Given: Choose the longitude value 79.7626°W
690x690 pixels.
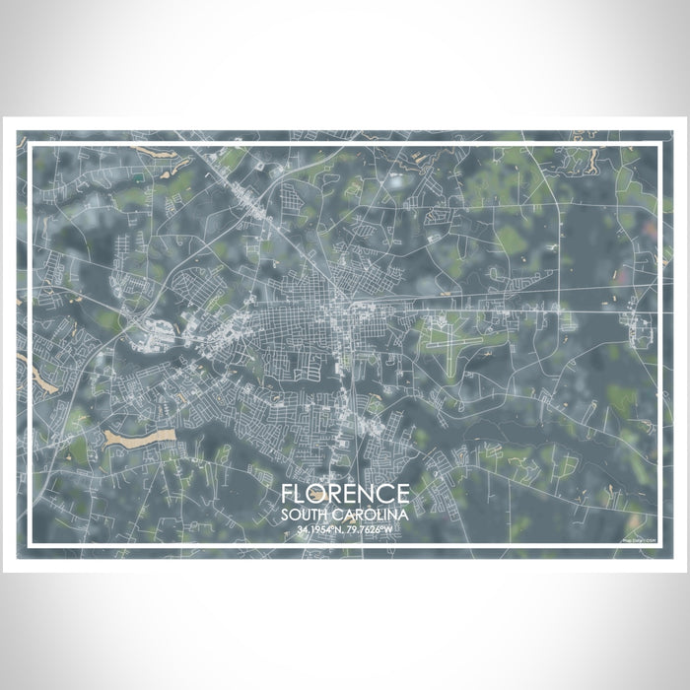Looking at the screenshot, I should pos(372,531).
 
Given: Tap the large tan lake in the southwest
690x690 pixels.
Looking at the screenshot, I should pos(138,437).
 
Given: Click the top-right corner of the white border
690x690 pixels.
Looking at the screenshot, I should pos(658,144).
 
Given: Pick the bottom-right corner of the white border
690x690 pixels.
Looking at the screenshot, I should pos(658,545).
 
